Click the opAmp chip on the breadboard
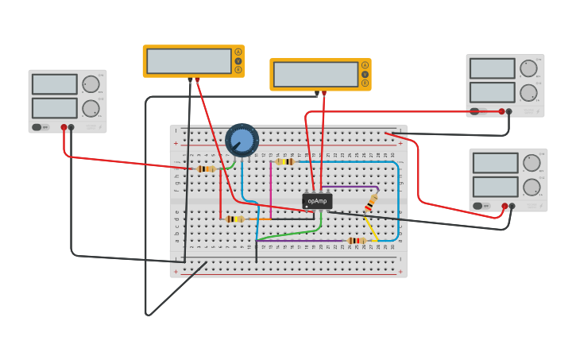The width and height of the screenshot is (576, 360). click(x=317, y=201)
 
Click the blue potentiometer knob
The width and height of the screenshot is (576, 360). click(x=242, y=140)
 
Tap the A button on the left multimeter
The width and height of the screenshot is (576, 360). click(x=238, y=52)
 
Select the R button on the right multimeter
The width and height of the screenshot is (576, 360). click(x=365, y=83)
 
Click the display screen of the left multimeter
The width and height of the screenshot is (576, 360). click(x=189, y=61)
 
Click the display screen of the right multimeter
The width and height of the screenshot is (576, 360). click(x=315, y=75)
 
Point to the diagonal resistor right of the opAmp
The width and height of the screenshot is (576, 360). click(x=371, y=203)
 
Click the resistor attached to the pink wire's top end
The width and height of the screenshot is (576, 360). click(x=284, y=161)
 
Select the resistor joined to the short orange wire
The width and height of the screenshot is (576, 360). click(x=234, y=219)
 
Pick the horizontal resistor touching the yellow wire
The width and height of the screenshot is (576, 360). click(x=356, y=240)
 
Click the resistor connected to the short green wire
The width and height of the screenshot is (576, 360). click(x=207, y=168)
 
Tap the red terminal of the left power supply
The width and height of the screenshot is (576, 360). click(x=64, y=127)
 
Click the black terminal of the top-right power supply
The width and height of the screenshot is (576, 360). click(x=509, y=111)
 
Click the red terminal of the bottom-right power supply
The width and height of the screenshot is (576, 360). click(x=504, y=206)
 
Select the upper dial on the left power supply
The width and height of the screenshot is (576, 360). click(x=91, y=84)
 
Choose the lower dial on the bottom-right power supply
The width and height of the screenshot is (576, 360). click(x=532, y=187)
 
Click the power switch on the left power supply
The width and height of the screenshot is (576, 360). click(x=37, y=127)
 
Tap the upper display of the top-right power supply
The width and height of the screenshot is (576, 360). click(x=492, y=68)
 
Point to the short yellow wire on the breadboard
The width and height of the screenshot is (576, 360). click(x=370, y=230)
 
